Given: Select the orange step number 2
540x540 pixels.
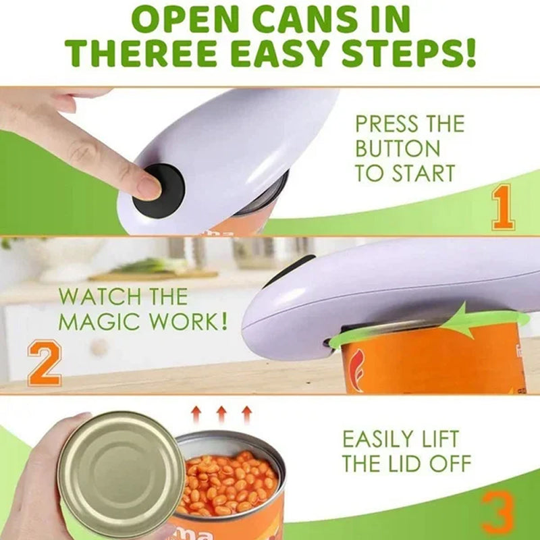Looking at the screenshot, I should click(44, 364).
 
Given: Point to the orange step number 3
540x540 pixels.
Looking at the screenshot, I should click(498, 514).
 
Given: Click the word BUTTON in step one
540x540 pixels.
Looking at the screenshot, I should click(398, 148).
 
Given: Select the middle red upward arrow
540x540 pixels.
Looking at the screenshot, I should click(221, 413).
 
